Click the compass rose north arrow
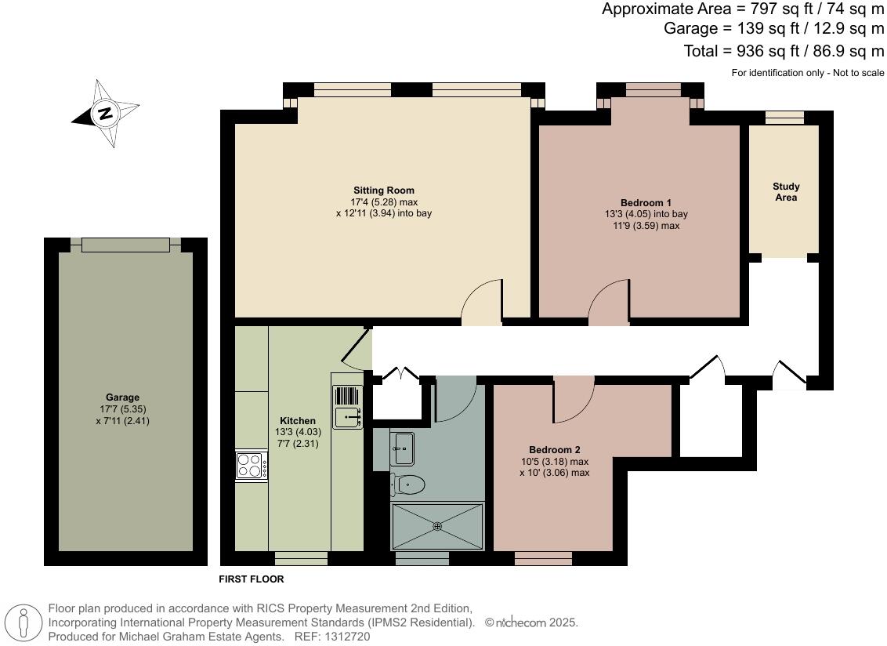pyautogui.click(x=105, y=114)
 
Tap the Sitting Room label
pyautogui.click(x=384, y=191)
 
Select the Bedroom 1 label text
pyautogui.click(x=646, y=202)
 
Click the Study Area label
pyautogui.click(x=786, y=192)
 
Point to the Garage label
pyautogui.click(x=122, y=397)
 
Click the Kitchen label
pyautogui.click(x=298, y=421)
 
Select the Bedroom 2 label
pyautogui.click(x=554, y=450)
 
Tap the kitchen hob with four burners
pyautogui.click(x=251, y=466)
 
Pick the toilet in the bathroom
pyautogui.click(x=408, y=484)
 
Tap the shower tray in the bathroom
pyautogui.click(x=437, y=526)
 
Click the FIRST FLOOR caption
pyautogui.click(x=252, y=579)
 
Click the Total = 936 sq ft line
pyautogui.click(x=784, y=51)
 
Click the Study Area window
pyautogui.click(x=784, y=118)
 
